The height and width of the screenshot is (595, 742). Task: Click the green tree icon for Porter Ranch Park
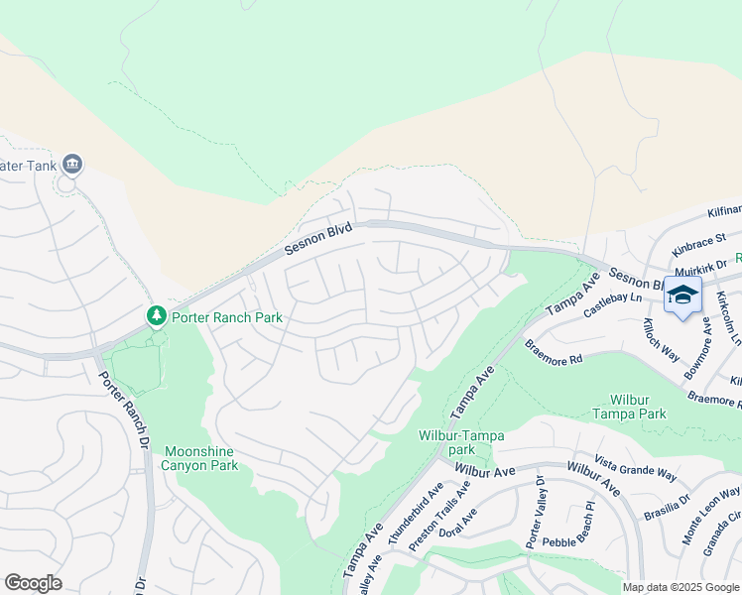[x=156, y=316]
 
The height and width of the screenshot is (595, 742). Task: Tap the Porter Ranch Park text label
[x=226, y=317]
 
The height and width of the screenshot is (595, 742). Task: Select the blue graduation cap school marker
[x=682, y=295]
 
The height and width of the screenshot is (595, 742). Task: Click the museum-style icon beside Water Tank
[x=71, y=164]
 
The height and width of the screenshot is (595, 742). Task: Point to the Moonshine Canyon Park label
[x=200, y=457]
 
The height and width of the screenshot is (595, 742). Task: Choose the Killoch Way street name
[x=660, y=340]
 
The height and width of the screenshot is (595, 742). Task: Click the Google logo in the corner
[x=33, y=583]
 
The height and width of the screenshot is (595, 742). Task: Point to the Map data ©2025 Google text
[x=681, y=587]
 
